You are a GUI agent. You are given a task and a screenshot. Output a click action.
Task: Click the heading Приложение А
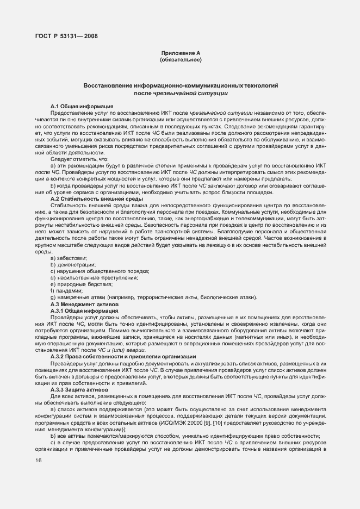pyautogui.click(x=180, y=53)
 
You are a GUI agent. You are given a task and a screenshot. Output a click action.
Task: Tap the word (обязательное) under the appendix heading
pyautogui.click(x=180, y=59)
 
